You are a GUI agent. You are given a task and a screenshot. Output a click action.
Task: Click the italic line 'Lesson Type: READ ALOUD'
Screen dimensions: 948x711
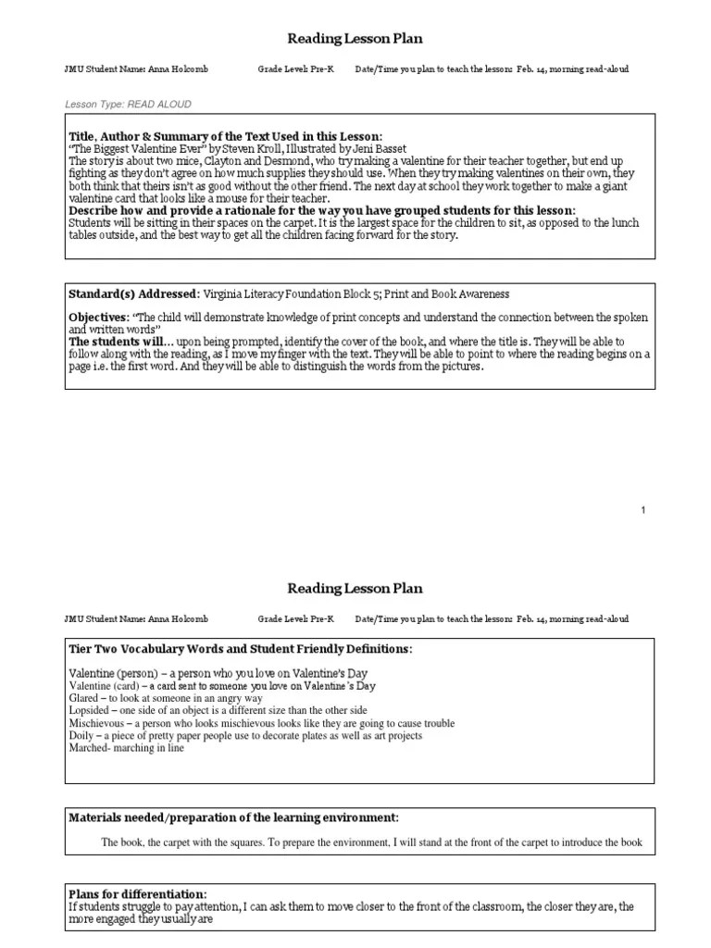click(x=128, y=105)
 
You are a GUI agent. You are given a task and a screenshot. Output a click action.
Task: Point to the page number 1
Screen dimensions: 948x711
click(x=643, y=510)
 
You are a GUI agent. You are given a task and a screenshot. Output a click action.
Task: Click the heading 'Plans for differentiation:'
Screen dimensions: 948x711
click(x=138, y=893)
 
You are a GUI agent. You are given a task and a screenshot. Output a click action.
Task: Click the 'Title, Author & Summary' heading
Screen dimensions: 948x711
click(x=225, y=136)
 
